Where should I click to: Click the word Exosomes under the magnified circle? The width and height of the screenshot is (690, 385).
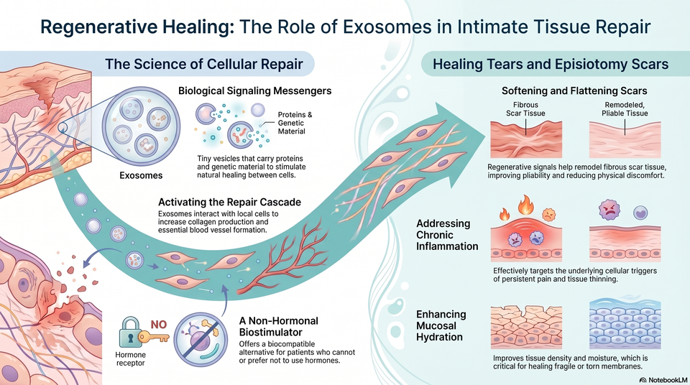[141, 175]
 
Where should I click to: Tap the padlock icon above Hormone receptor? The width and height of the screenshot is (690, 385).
[130, 333]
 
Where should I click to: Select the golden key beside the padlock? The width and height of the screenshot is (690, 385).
[154, 337]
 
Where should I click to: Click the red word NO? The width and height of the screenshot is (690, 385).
[158, 325]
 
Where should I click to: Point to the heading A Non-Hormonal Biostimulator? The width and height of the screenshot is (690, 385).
[279, 327]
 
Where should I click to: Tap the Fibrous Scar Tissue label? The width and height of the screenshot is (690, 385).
[525, 109]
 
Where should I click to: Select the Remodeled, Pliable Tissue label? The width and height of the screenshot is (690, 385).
[625, 109]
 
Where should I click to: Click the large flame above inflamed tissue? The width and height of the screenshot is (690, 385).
[525, 205]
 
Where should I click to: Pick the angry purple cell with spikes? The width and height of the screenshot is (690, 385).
[609, 210]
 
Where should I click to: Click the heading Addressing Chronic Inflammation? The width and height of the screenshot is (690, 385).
[447, 235]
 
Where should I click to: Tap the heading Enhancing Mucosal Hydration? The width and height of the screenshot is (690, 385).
[441, 325]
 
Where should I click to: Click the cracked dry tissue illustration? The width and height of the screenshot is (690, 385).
[526, 328]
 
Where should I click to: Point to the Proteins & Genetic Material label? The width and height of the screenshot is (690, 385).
[295, 123]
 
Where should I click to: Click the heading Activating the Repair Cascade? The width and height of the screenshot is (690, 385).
[229, 203]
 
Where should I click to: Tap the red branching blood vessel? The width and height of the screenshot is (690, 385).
[283, 259]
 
